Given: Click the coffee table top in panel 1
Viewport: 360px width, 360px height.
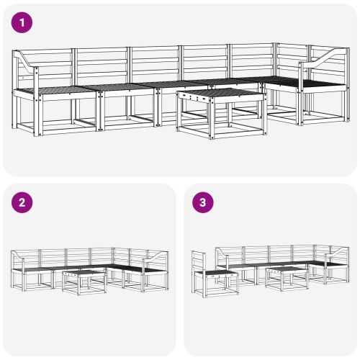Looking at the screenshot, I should (x=220, y=94).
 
